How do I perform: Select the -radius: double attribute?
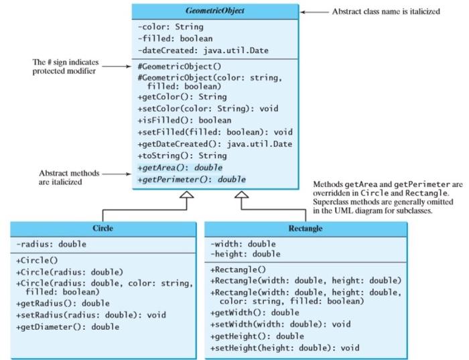coord(52,245)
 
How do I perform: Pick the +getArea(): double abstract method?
coord(180,167)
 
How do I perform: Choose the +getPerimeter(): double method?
coord(191,180)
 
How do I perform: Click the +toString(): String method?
coord(173,156)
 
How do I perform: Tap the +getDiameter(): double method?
coord(67,326)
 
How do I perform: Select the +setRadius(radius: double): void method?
coord(90,315)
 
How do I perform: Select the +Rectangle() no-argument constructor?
coord(237,269)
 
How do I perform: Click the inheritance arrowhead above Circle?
coord(188,195)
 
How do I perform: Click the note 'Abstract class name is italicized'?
coord(386,11)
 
